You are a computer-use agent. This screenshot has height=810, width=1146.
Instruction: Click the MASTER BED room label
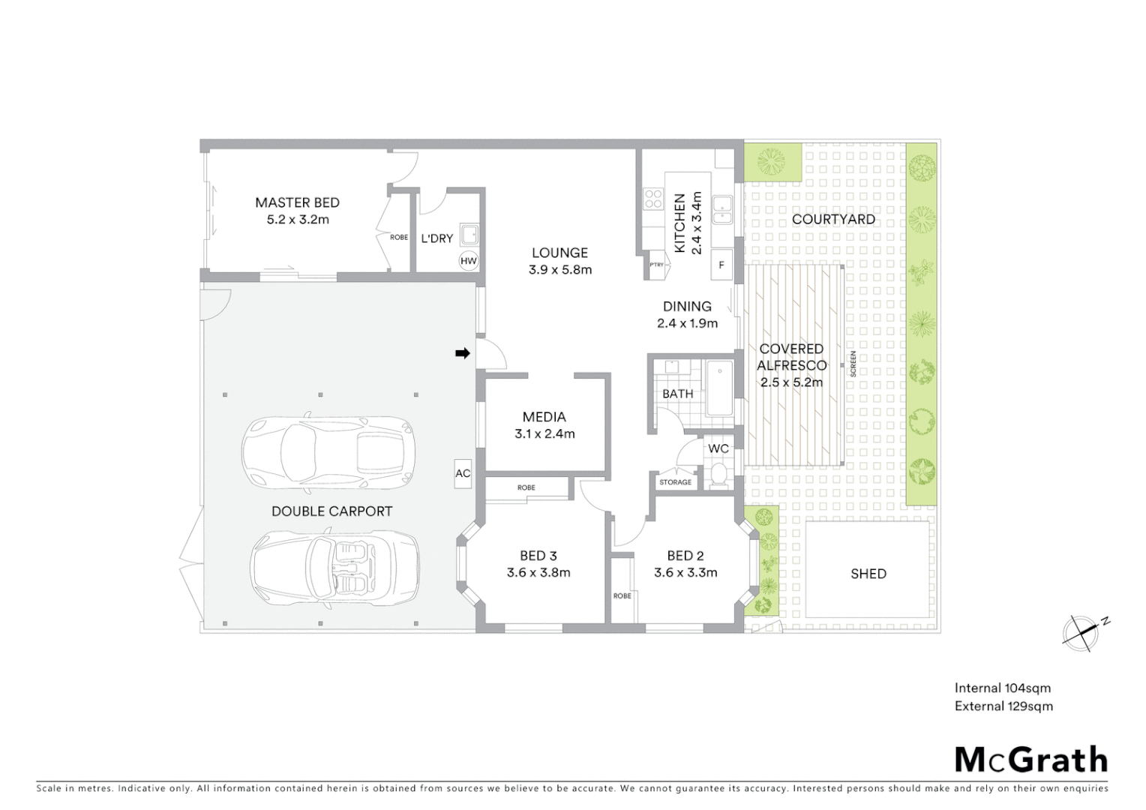[x=297, y=202]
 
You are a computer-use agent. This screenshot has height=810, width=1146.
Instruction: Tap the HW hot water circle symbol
[x=469, y=261]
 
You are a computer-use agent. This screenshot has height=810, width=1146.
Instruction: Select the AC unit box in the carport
[x=463, y=473]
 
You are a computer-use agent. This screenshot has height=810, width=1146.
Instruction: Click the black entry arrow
[x=462, y=353]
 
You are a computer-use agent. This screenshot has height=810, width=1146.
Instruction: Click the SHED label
[x=868, y=574]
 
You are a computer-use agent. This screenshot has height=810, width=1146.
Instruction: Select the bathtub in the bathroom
[x=720, y=388]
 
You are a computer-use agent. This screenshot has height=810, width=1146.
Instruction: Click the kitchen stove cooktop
[x=652, y=198]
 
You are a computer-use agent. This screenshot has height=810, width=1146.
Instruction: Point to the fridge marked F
[x=721, y=265]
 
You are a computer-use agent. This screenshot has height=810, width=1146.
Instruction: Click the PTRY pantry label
[x=657, y=264]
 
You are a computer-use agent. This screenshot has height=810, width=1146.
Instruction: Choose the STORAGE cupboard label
[x=675, y=482]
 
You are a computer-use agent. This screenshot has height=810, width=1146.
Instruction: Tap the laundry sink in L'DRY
[x=469, y=235]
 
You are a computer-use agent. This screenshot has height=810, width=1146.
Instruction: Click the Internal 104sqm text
[x=1002, y=688]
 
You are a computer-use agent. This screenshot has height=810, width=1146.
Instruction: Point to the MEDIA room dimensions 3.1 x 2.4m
[x=544, y=434]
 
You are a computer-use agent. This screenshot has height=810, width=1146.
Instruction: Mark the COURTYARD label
[x=833, y=219]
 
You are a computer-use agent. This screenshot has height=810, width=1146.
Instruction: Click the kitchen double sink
[x=723, y=209]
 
